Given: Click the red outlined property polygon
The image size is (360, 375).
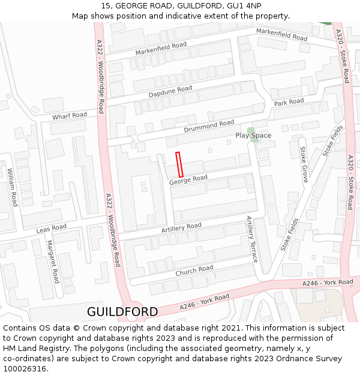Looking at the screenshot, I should (x=179, y=164).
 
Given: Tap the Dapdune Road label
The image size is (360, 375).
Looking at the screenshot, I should (x=170, y=92).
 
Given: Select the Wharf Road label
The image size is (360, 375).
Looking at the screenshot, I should (x=69, y=115).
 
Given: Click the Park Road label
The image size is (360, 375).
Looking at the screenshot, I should (x=289, y=103).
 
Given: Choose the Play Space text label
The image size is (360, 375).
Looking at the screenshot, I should (x=253, y=136).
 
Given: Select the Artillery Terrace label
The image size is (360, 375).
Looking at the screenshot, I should (x=251, y=239).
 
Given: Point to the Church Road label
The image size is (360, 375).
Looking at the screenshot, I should (x=194, y=271).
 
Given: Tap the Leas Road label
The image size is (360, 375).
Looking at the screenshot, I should (x=52, y=229).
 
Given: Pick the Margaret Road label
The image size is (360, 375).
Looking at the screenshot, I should (x=53, y=262).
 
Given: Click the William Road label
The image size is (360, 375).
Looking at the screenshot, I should (x=12, y=187).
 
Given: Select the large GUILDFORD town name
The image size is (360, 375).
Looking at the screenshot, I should (x=122, y=312).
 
